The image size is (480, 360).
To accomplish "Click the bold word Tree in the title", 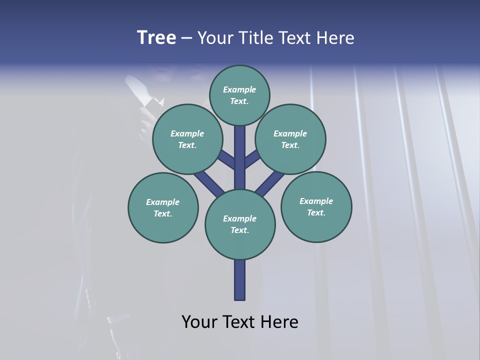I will (x=156, y=38).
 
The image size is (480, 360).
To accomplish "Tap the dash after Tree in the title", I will (x=187, y=38).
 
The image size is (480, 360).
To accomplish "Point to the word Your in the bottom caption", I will (x=199, y=322).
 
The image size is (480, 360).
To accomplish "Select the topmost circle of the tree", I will (x=239, y=95).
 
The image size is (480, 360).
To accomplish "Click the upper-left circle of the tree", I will (x=187, y=139).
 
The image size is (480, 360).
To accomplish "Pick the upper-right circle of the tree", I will (x=290, y=139).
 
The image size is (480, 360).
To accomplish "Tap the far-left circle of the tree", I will (x=163, y=207).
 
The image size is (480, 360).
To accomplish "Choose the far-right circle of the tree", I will (x=316, y=206).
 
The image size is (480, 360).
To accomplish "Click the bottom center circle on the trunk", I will (x=240, y=224).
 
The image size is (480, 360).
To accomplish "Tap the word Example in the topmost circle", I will (x=239, y=89).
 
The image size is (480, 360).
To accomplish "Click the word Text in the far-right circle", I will (x=316, y=212).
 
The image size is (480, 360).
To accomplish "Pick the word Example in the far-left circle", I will (x=163, y=202).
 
